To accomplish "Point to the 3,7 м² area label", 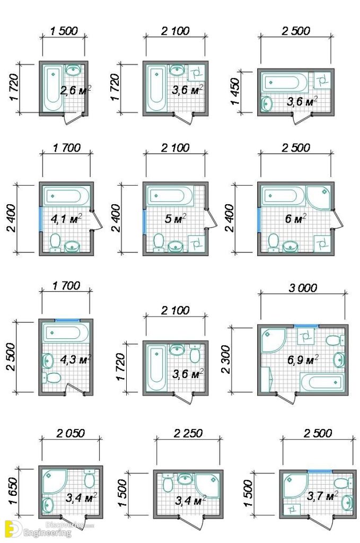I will click(323, 496).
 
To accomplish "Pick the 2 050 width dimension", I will click(70, 433).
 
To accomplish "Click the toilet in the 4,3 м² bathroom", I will click(53, 378).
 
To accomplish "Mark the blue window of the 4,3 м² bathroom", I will click(67, 320).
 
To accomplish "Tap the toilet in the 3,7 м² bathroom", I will click(341, 483).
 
